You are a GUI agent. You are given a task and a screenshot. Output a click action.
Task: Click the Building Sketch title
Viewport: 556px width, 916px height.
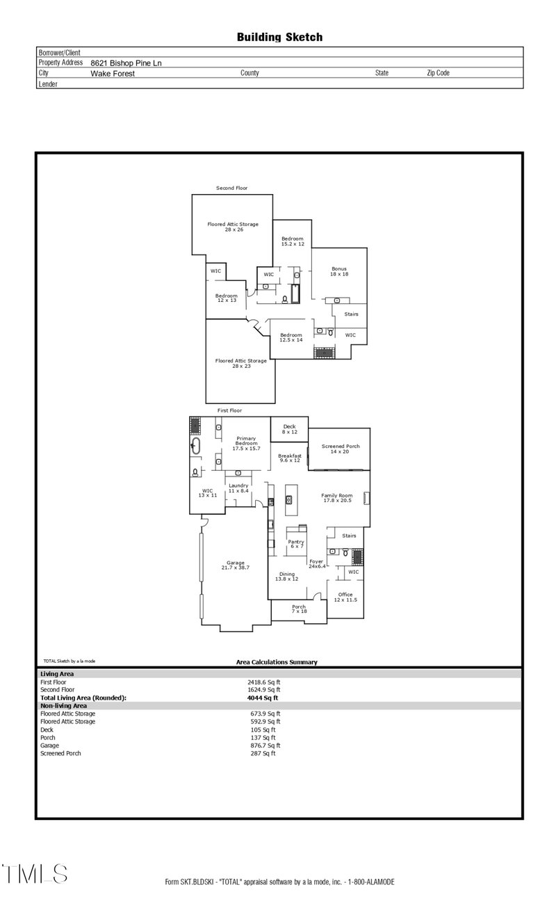click(x=279, y=38)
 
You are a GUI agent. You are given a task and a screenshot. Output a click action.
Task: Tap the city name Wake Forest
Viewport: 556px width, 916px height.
click(x=113, y=73)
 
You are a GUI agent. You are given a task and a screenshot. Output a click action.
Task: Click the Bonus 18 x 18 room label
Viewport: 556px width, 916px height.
click(x=338, y=271)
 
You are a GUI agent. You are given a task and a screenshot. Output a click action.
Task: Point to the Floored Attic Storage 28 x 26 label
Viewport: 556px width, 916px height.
click(x=233, y=227)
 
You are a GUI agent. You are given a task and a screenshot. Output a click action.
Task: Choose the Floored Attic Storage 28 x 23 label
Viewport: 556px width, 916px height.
click(x=240, y=363)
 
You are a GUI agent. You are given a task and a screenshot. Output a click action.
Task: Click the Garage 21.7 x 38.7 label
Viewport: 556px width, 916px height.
click(x=235, y=565)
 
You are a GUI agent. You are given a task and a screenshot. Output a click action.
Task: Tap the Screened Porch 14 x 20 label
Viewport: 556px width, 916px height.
click(x=340, y=449)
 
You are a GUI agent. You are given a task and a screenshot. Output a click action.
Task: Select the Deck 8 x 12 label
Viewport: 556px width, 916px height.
click(x=289, y=429)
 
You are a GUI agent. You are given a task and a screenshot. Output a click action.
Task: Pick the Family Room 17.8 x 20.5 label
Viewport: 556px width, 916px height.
click(x=337, y=498)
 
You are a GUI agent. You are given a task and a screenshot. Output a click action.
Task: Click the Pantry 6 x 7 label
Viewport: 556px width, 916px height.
click(x=296, y=544)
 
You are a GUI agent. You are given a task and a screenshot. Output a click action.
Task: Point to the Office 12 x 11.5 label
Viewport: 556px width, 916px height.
click(x=345, y=597)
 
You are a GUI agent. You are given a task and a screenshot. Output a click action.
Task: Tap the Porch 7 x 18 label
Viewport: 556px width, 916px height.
click(x=299, y=610)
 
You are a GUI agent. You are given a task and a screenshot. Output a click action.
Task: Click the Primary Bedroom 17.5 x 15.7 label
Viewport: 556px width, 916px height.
click(x=246, y=443)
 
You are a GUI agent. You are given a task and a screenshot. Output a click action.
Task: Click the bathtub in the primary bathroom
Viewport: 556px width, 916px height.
click(x=195, y=446)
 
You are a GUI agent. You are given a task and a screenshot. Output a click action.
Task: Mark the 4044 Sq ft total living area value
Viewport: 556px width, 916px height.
click(x=262, y=698)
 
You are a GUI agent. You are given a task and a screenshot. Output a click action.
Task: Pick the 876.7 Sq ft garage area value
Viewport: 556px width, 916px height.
click(x=265, y=746)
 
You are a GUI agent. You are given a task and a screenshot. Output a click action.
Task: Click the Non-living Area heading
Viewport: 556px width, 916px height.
click(x=63, y=705)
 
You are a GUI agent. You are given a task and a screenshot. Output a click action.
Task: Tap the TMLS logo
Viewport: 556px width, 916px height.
click(x=35, y=874)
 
